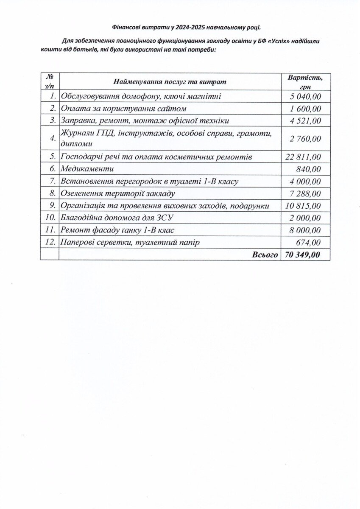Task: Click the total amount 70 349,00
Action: pos(303,255)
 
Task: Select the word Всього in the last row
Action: pos(265,255)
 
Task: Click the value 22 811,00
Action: pos(303,157)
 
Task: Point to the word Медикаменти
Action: pos(87,169)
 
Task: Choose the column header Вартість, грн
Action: pos(305,81)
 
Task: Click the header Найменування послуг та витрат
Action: pos(170,81)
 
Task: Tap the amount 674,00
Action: pos(308,242)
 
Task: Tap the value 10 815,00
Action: pos(303,206)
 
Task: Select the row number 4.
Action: pos(52,138)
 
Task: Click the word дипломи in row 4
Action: pos(77,144)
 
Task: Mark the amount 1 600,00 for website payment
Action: pos(305,109)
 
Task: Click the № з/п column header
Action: pos(50,81)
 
